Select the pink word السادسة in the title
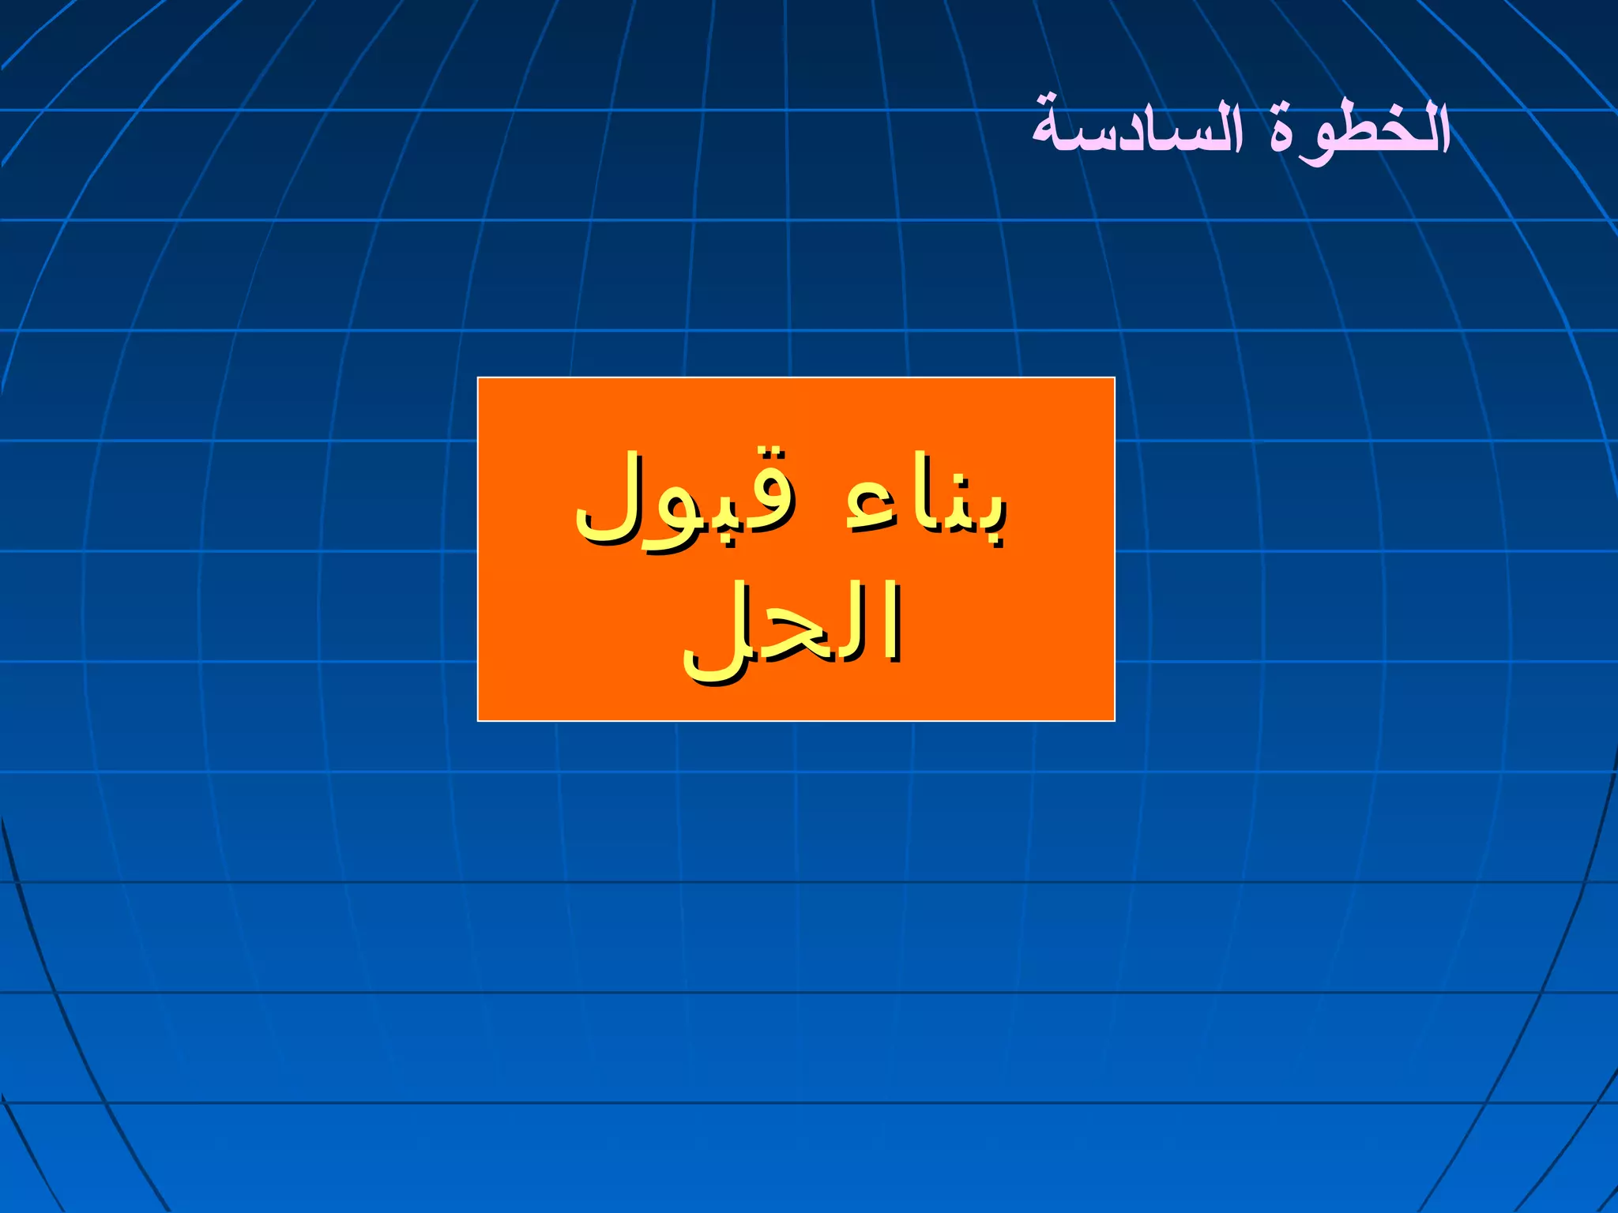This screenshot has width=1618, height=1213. click(x=1138, y=130)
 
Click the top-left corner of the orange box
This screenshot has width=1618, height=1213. click(x=478, y=378)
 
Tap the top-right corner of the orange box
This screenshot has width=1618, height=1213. click(x=1114, y=378)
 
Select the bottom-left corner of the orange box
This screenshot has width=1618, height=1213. click(x=478, y=720)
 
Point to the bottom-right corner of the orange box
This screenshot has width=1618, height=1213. click(x=1114, y=720)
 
